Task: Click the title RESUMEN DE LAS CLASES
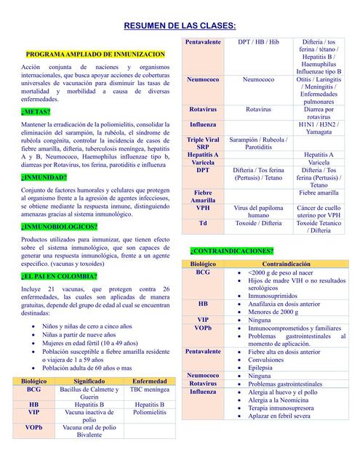point(180,26)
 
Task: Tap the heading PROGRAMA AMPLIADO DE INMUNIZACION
point(95,54)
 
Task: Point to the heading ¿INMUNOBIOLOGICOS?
point(60,227)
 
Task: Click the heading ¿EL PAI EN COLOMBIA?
point(60,276)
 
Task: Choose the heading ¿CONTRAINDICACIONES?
point(233,251)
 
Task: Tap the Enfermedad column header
point(150,381)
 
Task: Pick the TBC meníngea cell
point(150,389)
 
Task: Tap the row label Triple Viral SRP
point(203,142)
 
